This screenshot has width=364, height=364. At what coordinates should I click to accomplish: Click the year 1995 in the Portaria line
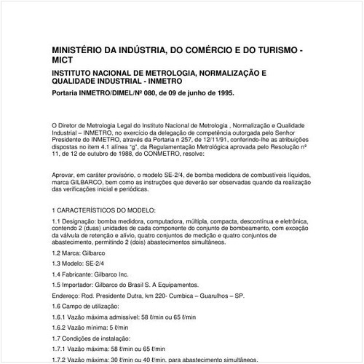pyautogui.click(x=221, y=94)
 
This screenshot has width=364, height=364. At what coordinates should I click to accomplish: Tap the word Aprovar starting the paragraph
pyautogui.click(x=65, y=177)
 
